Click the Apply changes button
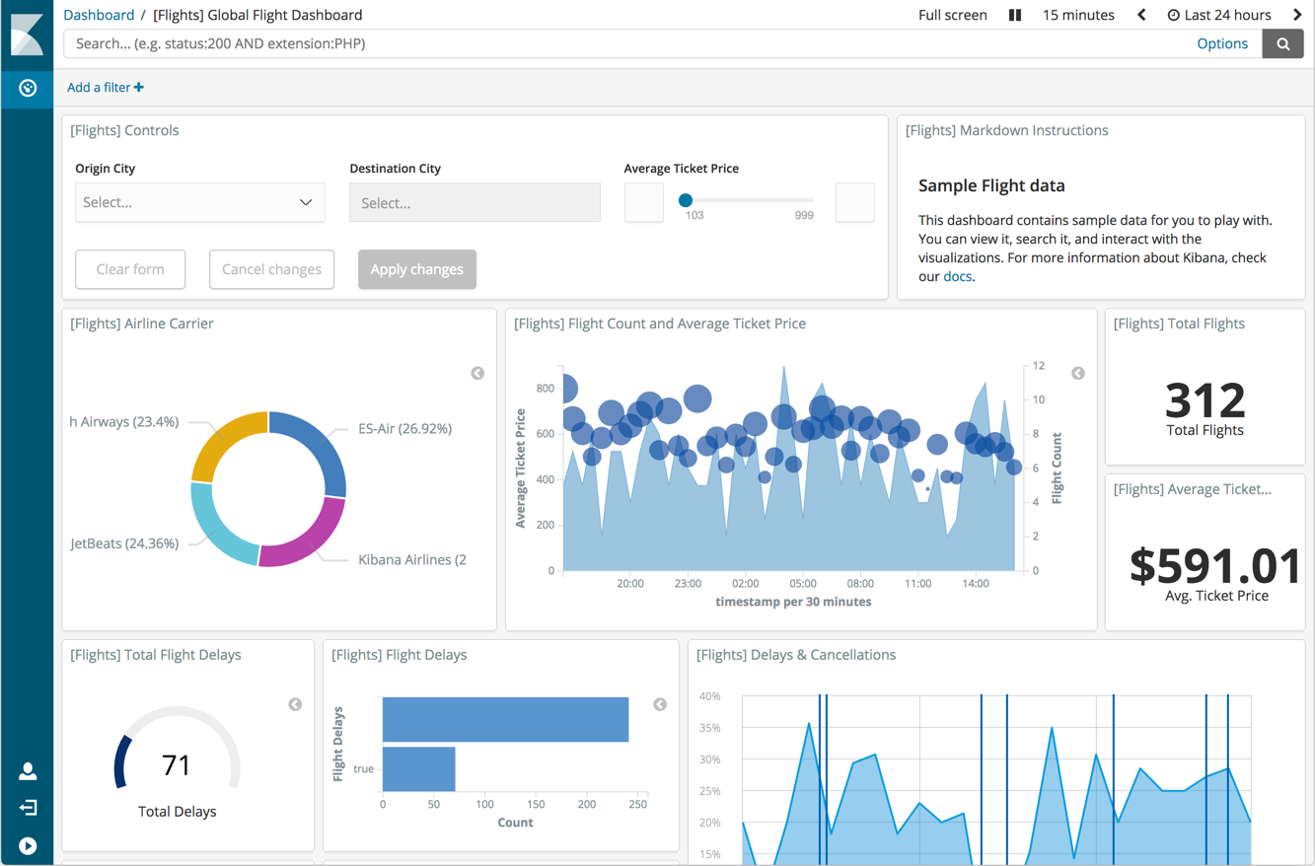(416, 269)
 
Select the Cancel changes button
(271, 269)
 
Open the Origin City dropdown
(199, 202)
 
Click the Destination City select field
(475, 203)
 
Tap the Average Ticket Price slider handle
(686, 200)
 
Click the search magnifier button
(1282, 43)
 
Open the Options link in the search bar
(1222, 43)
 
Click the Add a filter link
(105, 88)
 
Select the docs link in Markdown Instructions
(957, 276)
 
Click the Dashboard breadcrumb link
(99, 15)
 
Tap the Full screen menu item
(952, 15)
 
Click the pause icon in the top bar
(1014, 15)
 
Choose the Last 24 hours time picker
(1219, 15)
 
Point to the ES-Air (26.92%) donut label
(404, 429)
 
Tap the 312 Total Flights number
(1205, 400)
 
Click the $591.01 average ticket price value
(1215, 566)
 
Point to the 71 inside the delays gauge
(176, 765)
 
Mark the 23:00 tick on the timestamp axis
(688, 584)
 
